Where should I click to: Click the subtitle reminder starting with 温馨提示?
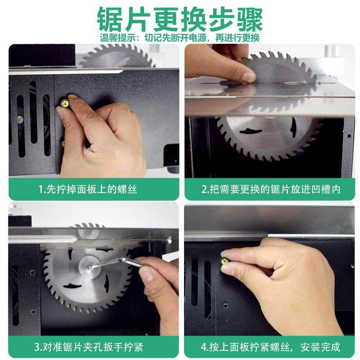point(180,38)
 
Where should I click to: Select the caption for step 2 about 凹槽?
point(270,189)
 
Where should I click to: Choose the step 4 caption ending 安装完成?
point(270,347)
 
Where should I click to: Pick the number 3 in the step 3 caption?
point(37,347)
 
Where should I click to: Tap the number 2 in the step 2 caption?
point(204,189)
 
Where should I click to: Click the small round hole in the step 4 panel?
point(225,306)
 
